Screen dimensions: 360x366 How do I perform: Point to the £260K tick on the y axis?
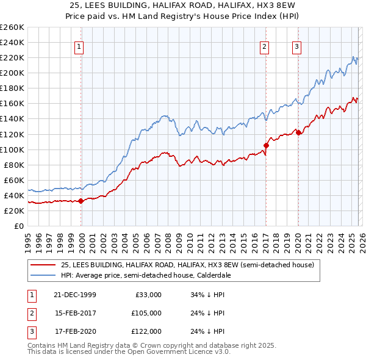pyautogui.click(x=12, y=27)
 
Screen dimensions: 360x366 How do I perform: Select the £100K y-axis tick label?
pyautogui.click(x=12, y=149)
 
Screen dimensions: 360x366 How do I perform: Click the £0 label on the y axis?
pyautogui.click(x=18, y=226)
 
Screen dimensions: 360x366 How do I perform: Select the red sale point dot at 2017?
pyautogui.click(x=266, y=145)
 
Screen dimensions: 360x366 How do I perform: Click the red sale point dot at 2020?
pyautogui.click(x=298, y=132)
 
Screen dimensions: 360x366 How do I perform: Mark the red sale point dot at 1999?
pyautogui.click(x=81, y=201)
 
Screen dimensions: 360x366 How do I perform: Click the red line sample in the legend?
pyautogui.click(x=43, y=265)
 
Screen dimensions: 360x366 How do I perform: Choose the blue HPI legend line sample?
pyautogui.click(x=43, y=275)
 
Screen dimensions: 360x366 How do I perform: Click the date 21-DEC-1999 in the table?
pyautogui.click(x=74, y=295)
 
